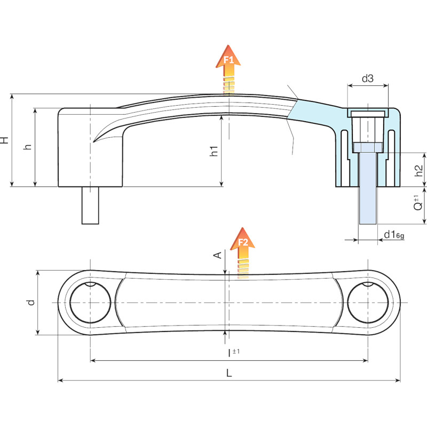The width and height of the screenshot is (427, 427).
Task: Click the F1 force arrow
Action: (228, 69)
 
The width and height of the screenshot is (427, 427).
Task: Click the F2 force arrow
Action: (242, 252)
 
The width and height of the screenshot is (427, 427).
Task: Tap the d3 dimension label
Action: (368, 78)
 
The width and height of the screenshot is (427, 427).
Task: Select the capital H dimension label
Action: (5, 140)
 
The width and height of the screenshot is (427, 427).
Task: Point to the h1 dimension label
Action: (214, 151)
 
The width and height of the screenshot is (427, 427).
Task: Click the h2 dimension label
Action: (420, 170)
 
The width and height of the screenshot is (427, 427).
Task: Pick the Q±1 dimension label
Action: (418, 203)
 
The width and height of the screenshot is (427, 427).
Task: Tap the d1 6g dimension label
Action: (394, 234)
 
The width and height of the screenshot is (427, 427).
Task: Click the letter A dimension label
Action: (218, 255)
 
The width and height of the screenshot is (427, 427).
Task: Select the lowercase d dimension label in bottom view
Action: (31, 303)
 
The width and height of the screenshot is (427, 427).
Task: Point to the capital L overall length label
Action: (229, 373)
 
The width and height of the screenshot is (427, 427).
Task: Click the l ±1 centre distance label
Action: (234, 353)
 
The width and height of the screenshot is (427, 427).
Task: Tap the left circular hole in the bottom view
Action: (90, 303)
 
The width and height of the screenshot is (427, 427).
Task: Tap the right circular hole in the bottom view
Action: (368, 303)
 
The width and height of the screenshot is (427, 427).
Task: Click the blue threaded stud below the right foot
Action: (368, 188)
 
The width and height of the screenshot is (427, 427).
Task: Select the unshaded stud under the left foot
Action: (90, 205)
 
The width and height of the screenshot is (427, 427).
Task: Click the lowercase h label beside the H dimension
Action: (28, 146)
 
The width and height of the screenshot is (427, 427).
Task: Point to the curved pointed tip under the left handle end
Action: (93, 142)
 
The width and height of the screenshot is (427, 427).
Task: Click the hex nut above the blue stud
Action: (368, 147)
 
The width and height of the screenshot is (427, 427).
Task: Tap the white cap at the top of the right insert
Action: (368, 114)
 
